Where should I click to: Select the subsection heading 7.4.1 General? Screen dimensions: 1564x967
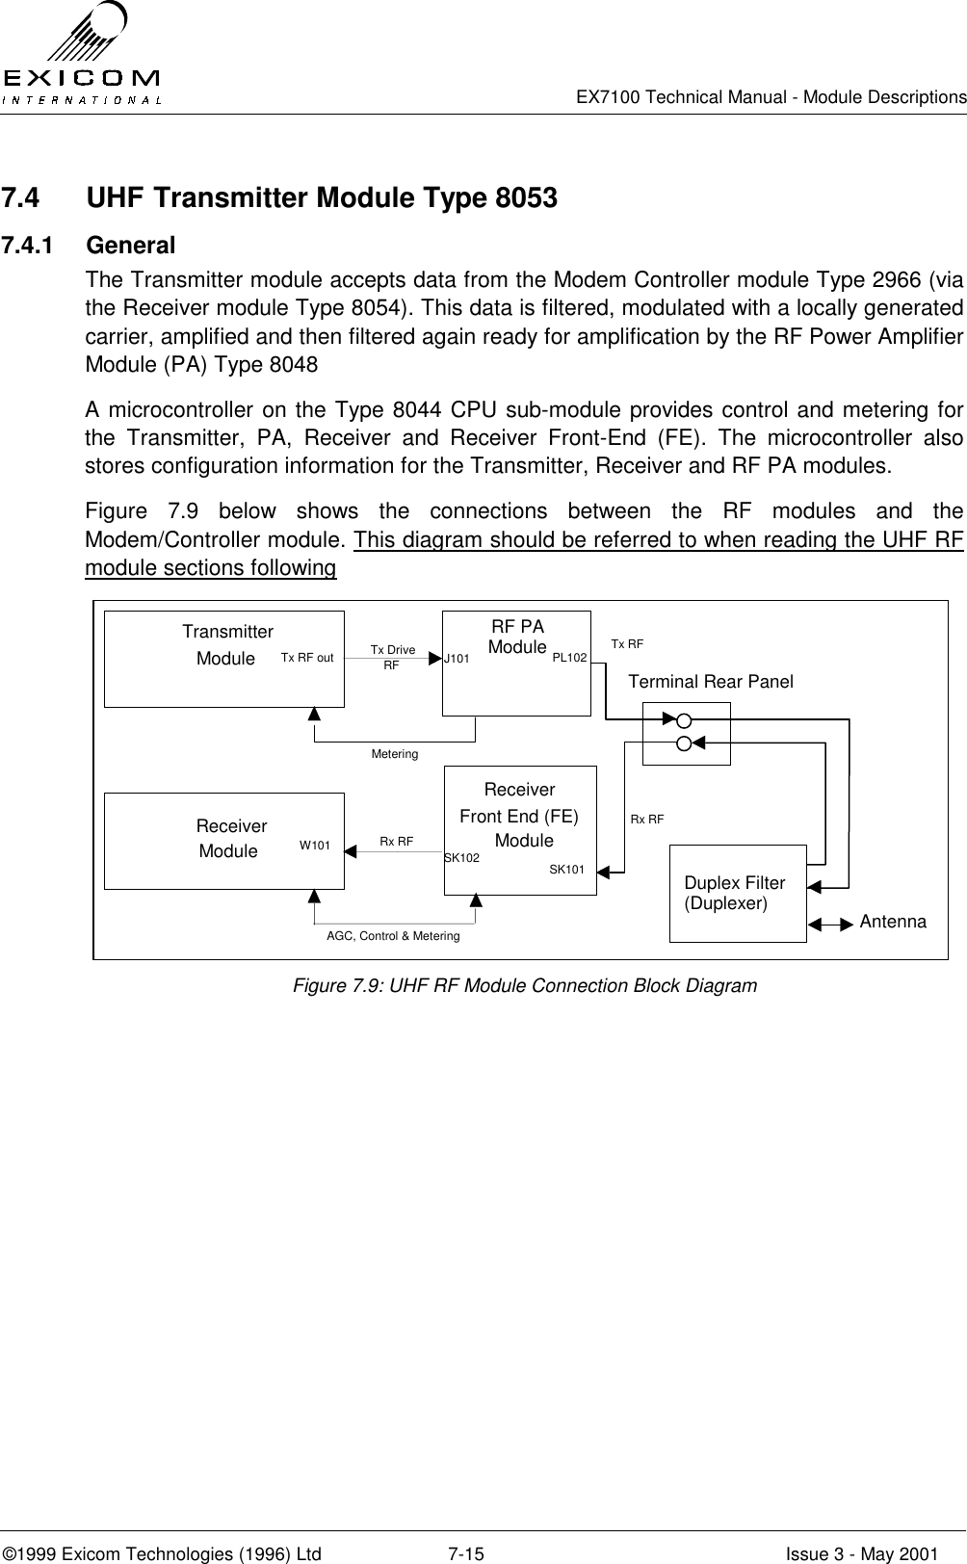pos(89,246)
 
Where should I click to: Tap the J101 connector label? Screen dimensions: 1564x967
pos(457,660)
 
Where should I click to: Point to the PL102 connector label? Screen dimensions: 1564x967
pos(569,659)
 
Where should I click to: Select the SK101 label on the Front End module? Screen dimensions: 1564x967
pos(566,870)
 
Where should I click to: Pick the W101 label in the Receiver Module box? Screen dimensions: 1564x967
pos(315,846)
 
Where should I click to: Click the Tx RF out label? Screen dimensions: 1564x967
pos(307,659)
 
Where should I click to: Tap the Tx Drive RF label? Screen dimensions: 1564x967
pos(392,657)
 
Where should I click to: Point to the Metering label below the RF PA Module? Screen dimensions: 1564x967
pos(395,754)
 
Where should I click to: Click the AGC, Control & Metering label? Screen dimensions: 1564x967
pos(393,936)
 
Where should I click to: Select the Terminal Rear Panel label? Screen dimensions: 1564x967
pos(711,682)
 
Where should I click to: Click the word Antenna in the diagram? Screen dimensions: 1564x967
pos(893,922)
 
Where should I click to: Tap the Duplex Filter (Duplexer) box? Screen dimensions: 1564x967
pos(738,894)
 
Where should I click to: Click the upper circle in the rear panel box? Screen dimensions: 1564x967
pos(684,720)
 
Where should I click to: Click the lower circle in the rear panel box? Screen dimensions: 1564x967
pos(684,743)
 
